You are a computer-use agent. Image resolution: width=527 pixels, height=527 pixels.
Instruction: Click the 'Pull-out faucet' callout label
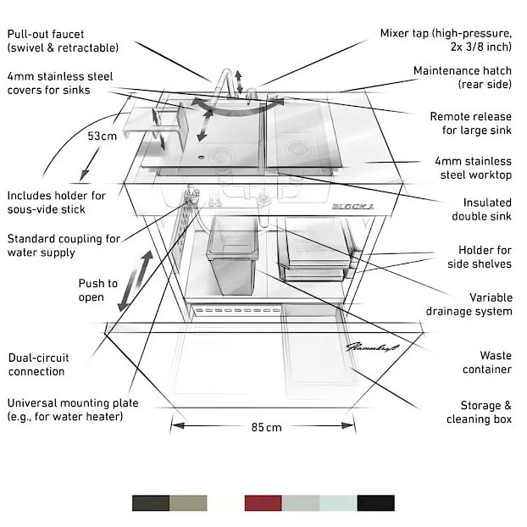pyautogui.click(x=63, y=41)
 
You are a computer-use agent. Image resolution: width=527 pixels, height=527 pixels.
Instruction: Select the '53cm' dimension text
pyautogui.click(x=103, y=136)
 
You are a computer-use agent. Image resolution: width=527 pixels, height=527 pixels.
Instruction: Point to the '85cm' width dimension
pyautogui.click(x=266, y=427)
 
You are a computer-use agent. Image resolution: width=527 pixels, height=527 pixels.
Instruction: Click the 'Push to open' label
pyautogui.click(x=97, y=291)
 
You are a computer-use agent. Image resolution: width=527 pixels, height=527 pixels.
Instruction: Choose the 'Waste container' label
pyautogui.click(x=484, y=362)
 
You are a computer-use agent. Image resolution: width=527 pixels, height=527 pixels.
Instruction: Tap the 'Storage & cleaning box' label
pyautogui.click(x=480, y=413)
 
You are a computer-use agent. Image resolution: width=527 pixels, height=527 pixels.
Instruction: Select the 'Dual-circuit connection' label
pyautogui.click(x=36, y=364)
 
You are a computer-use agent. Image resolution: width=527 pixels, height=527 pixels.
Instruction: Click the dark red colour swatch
pyautogui.click(x=262, y=503)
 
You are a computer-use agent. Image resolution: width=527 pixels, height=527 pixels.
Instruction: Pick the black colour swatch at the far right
pyautogui.click(x=374, y=503)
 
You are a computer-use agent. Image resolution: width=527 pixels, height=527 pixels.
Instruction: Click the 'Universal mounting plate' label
pyautogui.click(x=72, y=409)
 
